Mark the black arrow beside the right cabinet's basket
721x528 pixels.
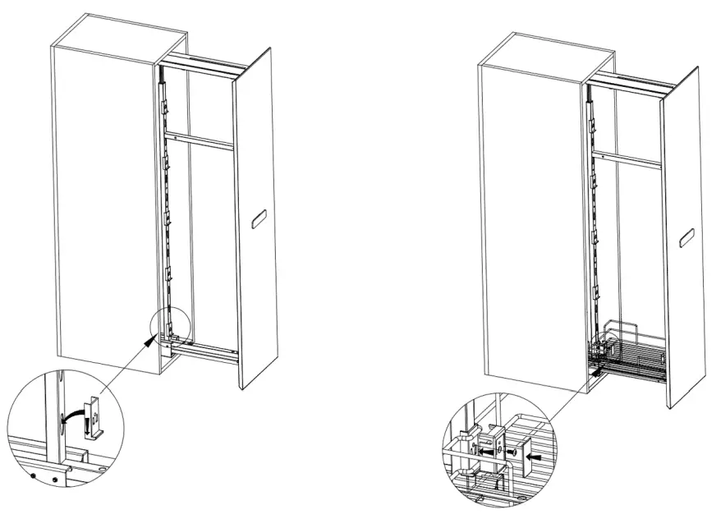coord(594,371)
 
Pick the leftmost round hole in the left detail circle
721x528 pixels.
coord(32,475)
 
